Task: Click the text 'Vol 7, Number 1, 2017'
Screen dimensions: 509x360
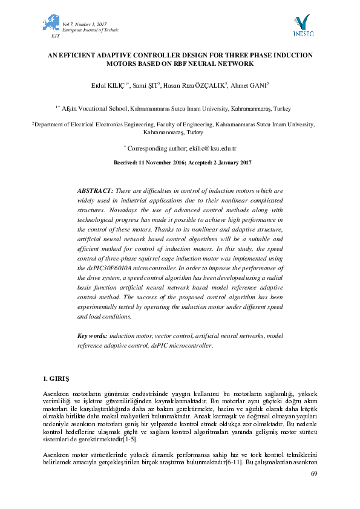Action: coord(85,24)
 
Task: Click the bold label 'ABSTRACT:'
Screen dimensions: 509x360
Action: coord(95,190)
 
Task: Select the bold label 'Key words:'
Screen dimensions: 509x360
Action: coord(93,336)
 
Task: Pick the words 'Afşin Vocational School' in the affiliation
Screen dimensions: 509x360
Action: coord(93,109)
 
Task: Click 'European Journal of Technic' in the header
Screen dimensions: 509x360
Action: coord(91,30)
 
